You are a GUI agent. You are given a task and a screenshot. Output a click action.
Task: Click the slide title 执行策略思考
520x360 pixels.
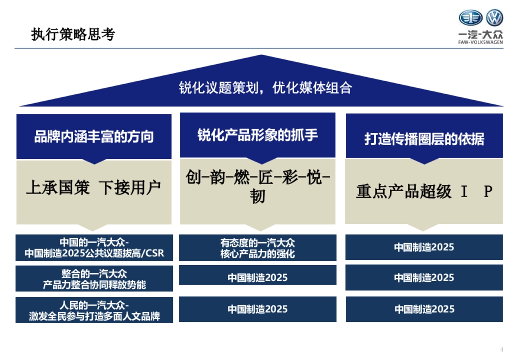click(x=73, y=35)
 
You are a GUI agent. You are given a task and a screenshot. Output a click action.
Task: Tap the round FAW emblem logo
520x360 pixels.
click(x=471, y=18)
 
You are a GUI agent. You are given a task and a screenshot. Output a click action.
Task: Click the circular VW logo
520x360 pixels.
click(x=494, y=18)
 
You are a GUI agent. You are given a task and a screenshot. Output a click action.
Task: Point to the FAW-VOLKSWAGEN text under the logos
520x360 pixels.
click(x=481, y=42)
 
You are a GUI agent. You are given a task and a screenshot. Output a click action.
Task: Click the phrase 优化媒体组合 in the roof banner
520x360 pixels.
click(x=312, y=88)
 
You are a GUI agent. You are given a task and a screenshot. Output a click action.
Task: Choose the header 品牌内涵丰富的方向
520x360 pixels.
click(x=94, y=137)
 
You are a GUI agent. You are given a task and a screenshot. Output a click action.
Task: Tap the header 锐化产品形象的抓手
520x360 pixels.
click(x=257, y=135)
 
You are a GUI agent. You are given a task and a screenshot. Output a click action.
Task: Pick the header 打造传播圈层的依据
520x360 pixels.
click(x=424, y=139)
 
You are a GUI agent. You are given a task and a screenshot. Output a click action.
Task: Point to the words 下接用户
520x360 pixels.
click(x=130, y=188)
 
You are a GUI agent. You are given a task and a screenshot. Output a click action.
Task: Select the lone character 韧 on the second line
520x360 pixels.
click(x=257, y=197)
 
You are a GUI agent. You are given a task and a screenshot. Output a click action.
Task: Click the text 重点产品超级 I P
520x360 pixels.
click(x=424, y=191)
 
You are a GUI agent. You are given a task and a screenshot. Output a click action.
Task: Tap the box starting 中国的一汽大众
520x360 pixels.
click(x=94, y=248)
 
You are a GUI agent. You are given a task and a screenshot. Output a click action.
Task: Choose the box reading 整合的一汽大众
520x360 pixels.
click(x=94, y=279)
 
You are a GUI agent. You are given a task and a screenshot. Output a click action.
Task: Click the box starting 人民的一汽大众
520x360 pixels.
click(x=94, y=310)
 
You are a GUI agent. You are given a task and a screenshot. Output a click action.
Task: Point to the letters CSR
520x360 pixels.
click(x=156, y=253)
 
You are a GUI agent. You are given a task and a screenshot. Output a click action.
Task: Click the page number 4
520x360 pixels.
click(x=501, y=350)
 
